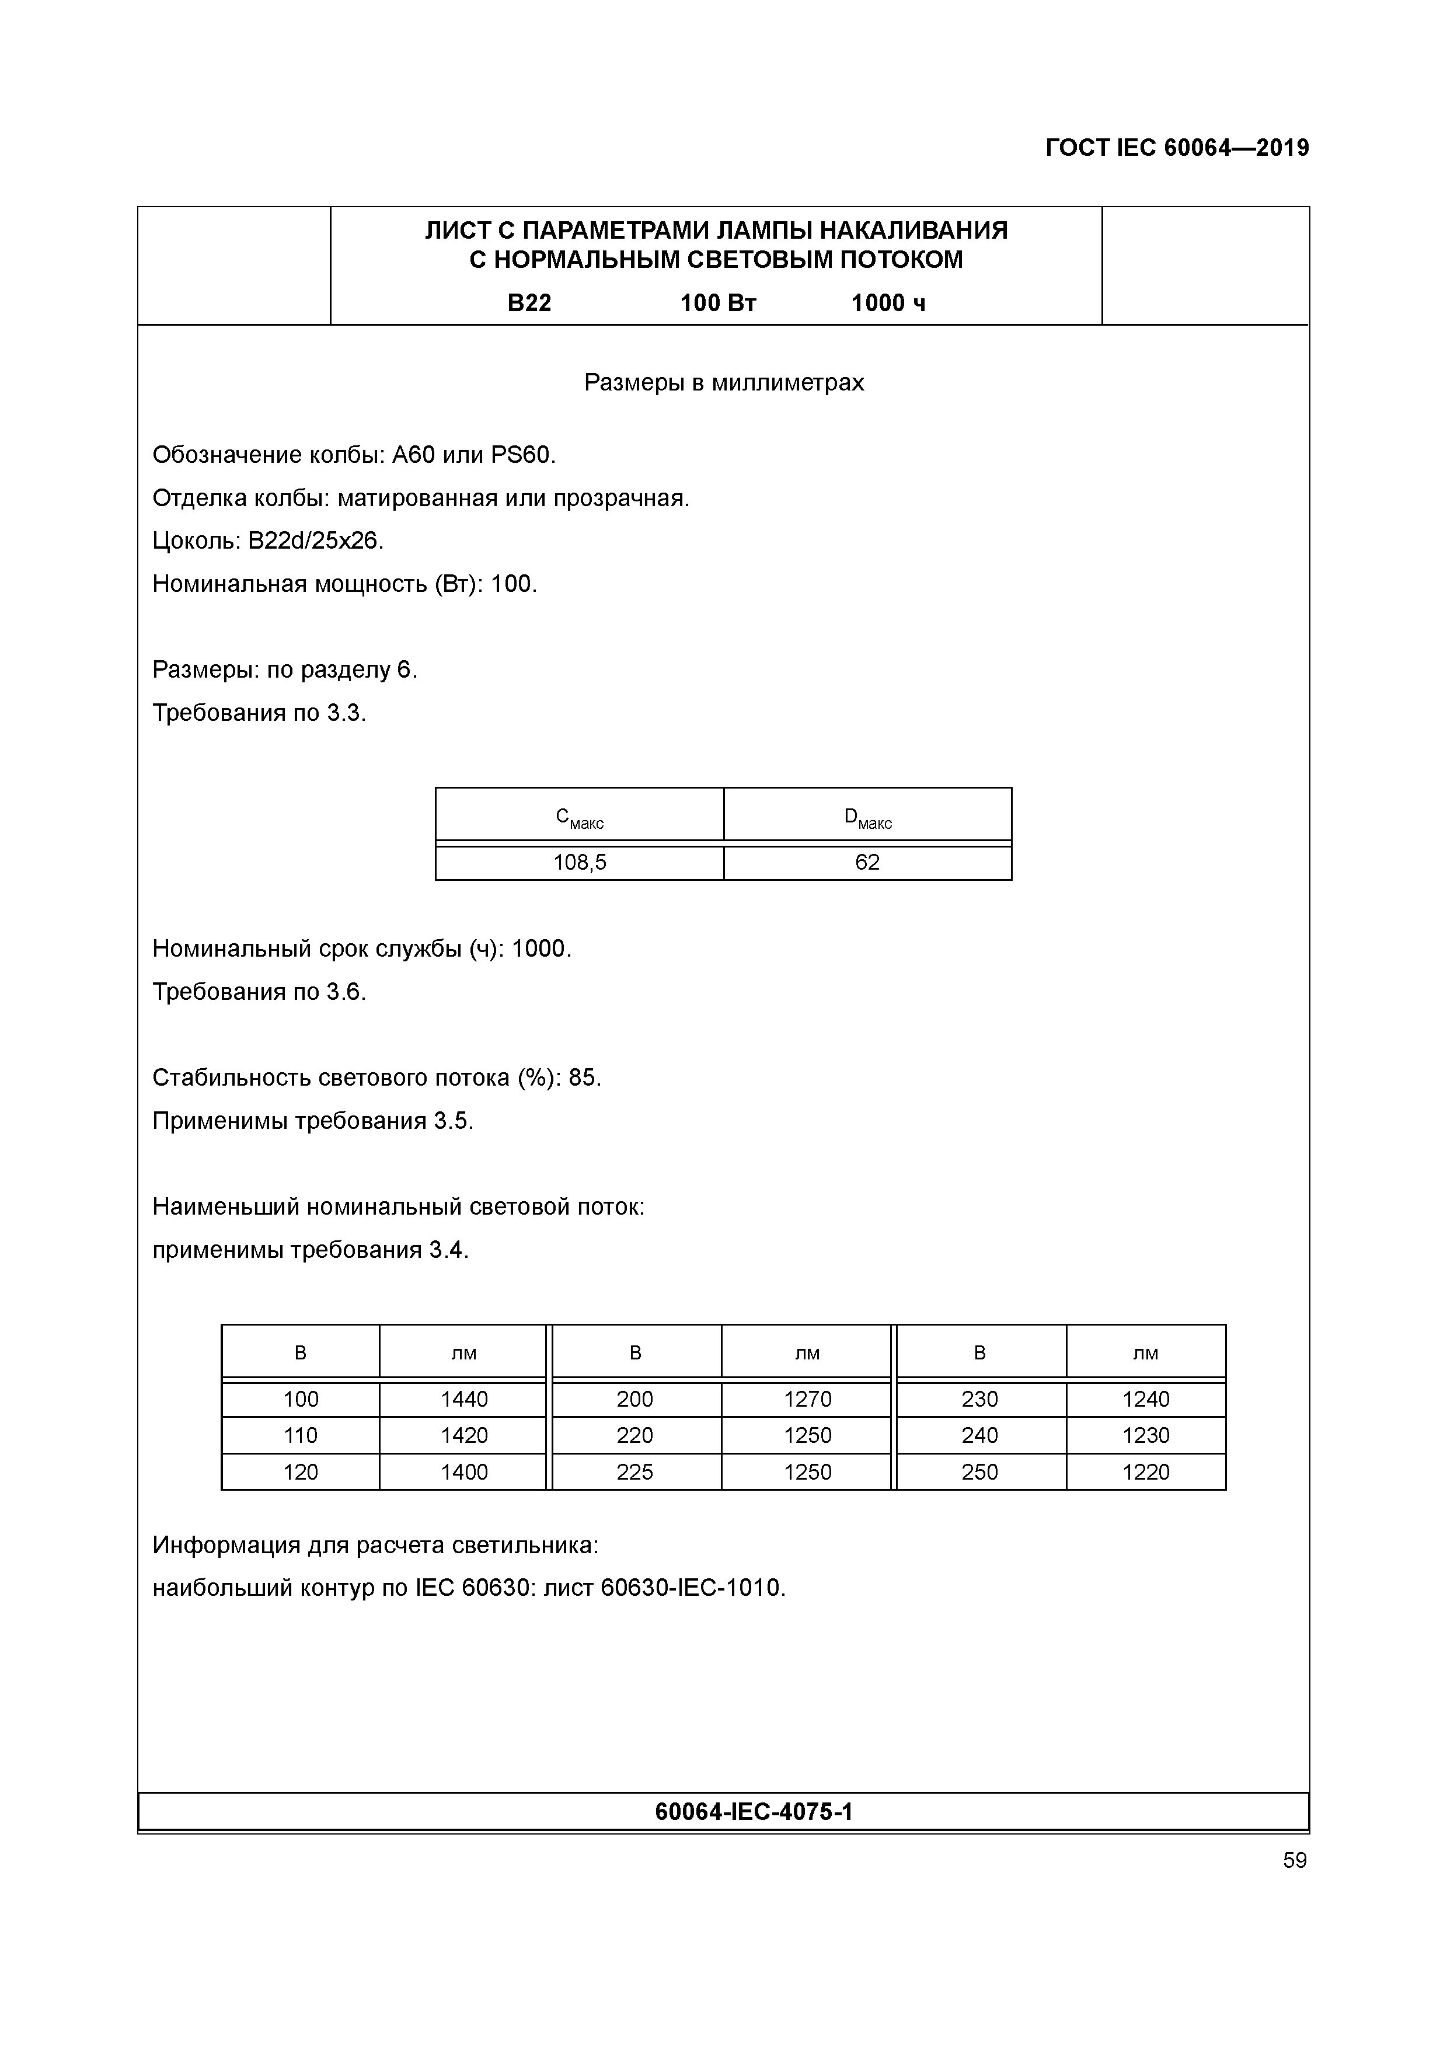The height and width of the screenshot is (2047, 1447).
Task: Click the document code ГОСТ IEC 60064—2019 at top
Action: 1177,148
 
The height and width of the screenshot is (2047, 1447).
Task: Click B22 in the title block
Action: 529,303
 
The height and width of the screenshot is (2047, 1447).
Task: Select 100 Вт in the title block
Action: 718,303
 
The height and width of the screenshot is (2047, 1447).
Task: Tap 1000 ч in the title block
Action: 888,303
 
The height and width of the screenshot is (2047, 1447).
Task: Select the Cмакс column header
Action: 580,818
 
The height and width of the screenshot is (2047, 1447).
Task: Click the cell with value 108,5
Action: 580,862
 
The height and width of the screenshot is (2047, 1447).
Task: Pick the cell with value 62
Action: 867,862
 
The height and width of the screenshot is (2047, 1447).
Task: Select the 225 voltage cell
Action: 635,1472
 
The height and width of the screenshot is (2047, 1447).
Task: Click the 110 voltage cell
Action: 301,1435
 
